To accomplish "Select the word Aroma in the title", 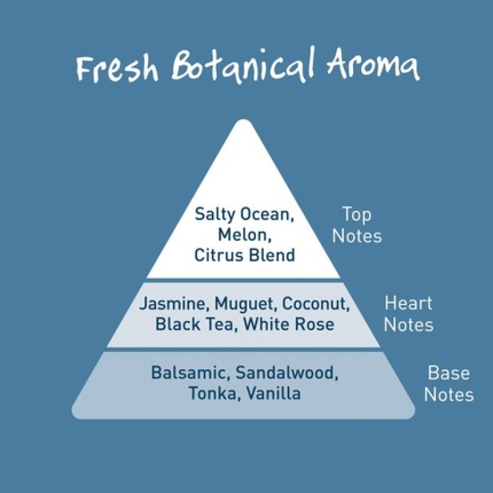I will click(373, 67).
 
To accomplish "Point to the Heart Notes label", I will click(409, 314).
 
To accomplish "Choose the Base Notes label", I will click(449, 383).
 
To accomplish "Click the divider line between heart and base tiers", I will click(244, 349).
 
